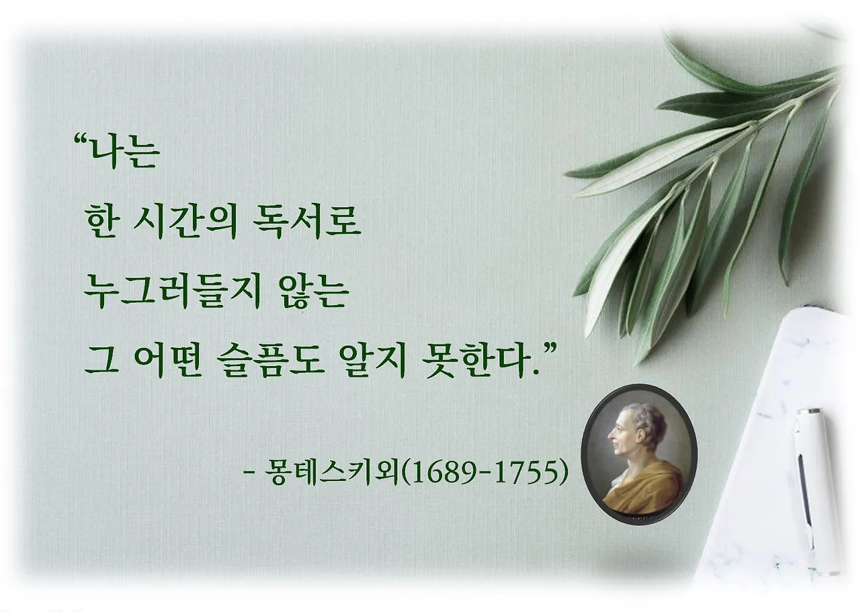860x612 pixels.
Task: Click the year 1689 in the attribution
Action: (x=444, y=472)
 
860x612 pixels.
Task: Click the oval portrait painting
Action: (x=638, y=454)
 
